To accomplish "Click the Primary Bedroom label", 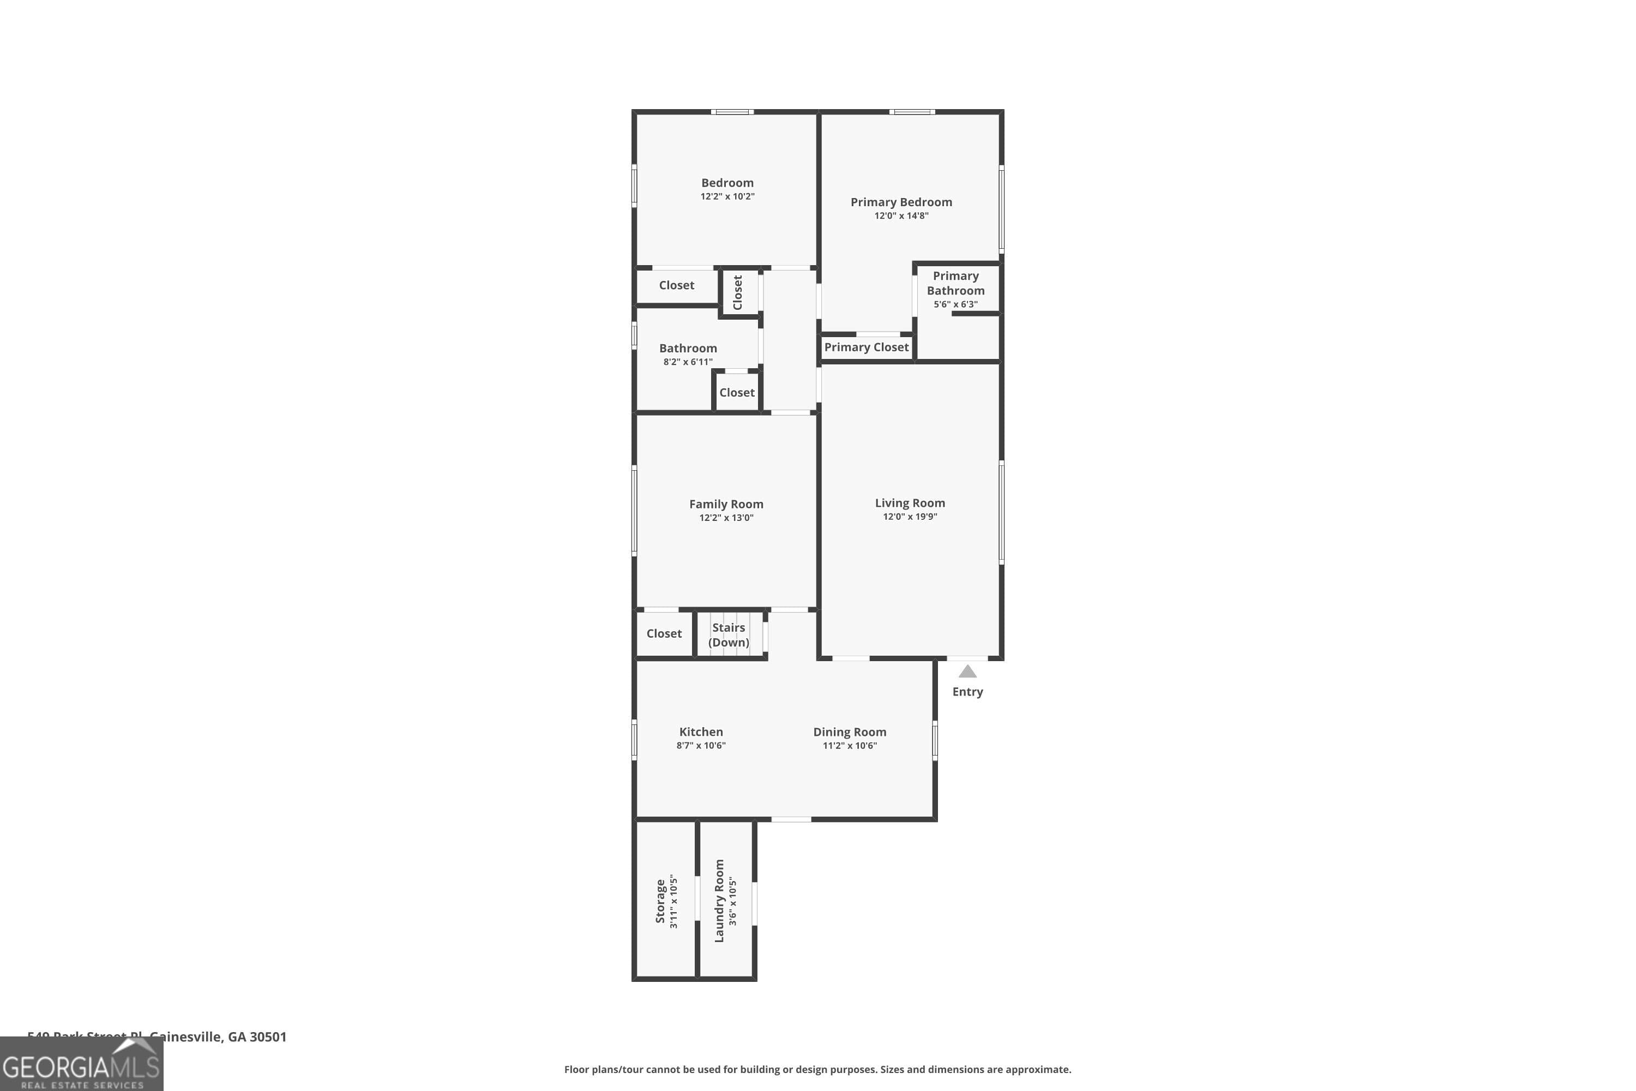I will tap(901, 202).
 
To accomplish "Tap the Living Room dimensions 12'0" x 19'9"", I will tap(910, 516).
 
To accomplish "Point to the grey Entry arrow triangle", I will tap(967, 672).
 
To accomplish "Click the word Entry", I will tap(967, 692).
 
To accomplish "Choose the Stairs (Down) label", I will tap(728, 634).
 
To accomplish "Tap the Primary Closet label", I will tap(866, 347).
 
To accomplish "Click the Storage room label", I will tap(660, 901).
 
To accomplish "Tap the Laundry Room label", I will tap(719, 901).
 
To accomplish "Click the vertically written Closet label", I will tap(737, 292).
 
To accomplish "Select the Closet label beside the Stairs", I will tap(664, 633).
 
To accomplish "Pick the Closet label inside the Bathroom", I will tap(737, 392).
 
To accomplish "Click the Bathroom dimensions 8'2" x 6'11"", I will tap(687, 362).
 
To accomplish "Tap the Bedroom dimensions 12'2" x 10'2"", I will tap(727, 196).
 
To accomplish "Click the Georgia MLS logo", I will tap(81, 1065).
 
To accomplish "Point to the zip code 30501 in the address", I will tap(268, 1037).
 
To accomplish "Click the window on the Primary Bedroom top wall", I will tap(911, 112).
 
